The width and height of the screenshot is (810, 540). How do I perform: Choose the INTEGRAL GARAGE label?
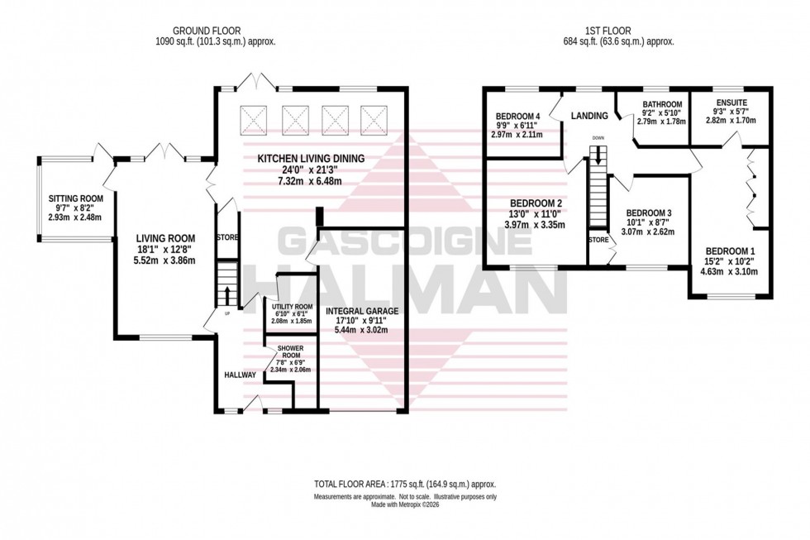(362, 312)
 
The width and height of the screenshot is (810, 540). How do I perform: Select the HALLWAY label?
(240, 375)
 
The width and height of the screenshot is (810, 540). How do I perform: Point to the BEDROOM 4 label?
(518, 116)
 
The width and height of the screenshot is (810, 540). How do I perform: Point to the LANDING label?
(590, 116)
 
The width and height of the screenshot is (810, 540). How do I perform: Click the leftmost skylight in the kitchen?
(253, 120)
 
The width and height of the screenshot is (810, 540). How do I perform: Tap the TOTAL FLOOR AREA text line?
(405, 482)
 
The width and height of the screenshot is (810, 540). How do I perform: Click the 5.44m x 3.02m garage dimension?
(362, 329)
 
